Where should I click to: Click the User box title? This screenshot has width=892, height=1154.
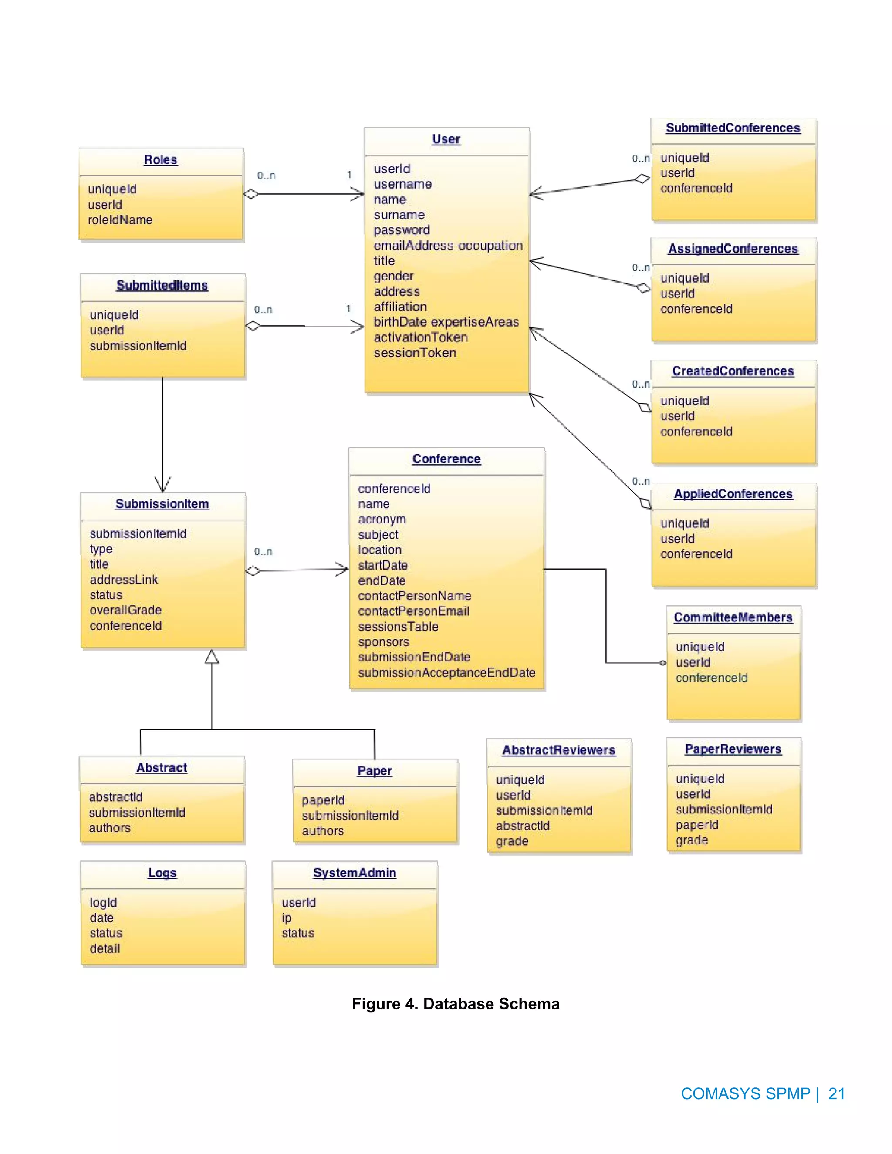coord(446,139)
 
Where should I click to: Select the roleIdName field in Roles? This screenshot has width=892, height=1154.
coord(120,220)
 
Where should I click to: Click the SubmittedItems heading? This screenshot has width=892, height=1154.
coord(162,285)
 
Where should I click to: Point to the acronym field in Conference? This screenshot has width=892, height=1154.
coord(382,520)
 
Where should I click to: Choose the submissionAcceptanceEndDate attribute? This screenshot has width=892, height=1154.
coord(446,673)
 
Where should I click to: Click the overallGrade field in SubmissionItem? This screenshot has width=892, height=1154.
coord(126,610)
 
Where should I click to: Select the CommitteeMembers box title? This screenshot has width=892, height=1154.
coord(733,617)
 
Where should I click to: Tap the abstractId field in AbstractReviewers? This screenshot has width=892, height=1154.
coord(523,826)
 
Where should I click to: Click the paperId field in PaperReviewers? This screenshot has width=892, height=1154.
coord(696,825)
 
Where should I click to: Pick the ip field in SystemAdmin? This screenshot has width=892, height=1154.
coord(287,918)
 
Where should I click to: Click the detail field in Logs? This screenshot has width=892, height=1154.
coord(105,948)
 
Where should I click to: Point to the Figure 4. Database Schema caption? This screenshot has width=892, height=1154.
coord(456,1004)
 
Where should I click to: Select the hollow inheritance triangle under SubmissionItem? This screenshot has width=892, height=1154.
coord(212,657)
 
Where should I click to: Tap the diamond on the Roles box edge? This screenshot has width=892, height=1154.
coord(251,195)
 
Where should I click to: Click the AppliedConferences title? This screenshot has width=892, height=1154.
coord(733,494)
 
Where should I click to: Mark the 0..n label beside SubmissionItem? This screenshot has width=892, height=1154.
coord(263,552)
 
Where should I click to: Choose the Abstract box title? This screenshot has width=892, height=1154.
coord(161,768)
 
